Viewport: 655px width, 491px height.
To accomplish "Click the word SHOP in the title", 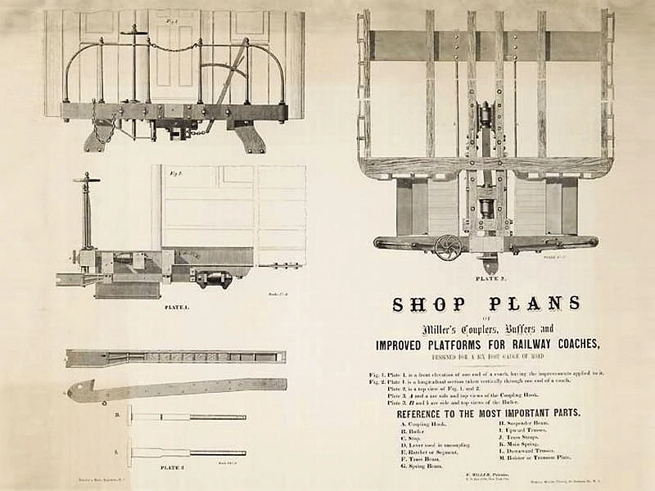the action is point(427,304).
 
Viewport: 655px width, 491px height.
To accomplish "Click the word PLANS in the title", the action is point(531,304).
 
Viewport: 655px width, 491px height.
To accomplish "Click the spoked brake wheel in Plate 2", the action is point(448,246).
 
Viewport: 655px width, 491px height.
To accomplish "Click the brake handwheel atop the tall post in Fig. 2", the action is point(85,178).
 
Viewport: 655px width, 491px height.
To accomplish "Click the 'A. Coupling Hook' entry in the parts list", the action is point(418,424).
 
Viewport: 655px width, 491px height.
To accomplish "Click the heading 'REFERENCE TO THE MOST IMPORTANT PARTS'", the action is point(489,412).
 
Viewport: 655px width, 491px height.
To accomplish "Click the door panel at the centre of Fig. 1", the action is point(174,61).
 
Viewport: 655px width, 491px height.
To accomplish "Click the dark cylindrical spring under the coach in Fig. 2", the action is point(213,278).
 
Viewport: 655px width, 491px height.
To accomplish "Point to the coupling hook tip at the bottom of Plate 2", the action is point(489,265).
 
